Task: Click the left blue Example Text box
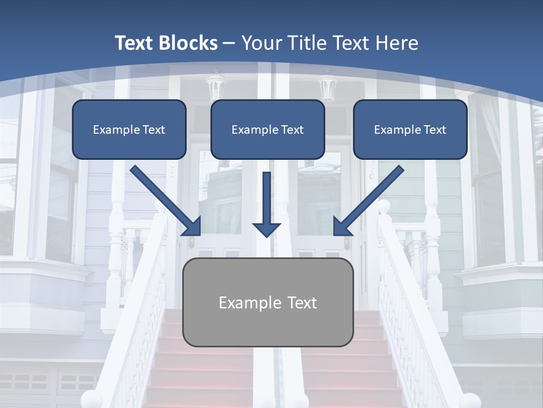129,129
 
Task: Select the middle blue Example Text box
268,129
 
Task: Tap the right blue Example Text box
410,129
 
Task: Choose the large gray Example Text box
268,302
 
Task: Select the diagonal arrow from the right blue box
369,201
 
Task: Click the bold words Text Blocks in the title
166,43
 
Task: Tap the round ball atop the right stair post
384,207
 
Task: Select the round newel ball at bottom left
92,399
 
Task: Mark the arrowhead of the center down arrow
266,229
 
